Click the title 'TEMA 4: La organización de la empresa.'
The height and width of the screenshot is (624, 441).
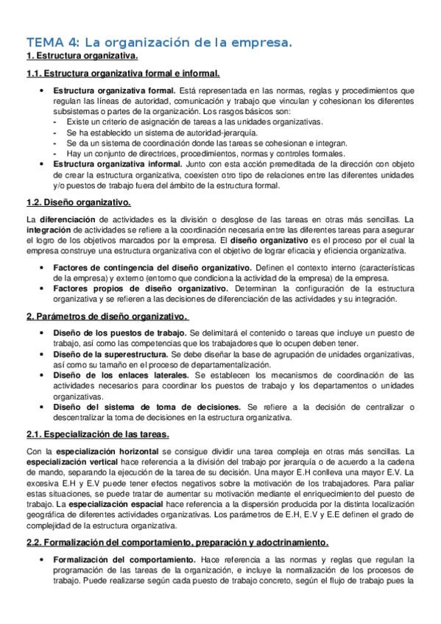159,43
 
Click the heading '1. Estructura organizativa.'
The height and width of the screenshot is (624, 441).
82,56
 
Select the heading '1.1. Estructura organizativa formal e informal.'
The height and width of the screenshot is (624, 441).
123,74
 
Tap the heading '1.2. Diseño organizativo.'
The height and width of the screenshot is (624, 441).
78,202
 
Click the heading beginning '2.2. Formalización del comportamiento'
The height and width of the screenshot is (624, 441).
177,542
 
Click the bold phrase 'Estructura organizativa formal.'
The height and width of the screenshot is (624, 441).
114,91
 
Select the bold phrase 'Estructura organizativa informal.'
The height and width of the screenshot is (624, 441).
117,165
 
